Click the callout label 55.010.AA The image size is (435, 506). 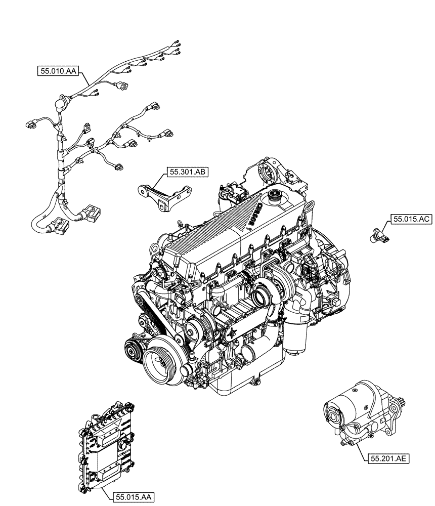click(x=57, y=71)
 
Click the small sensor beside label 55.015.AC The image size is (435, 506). click(x=379, y=234)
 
